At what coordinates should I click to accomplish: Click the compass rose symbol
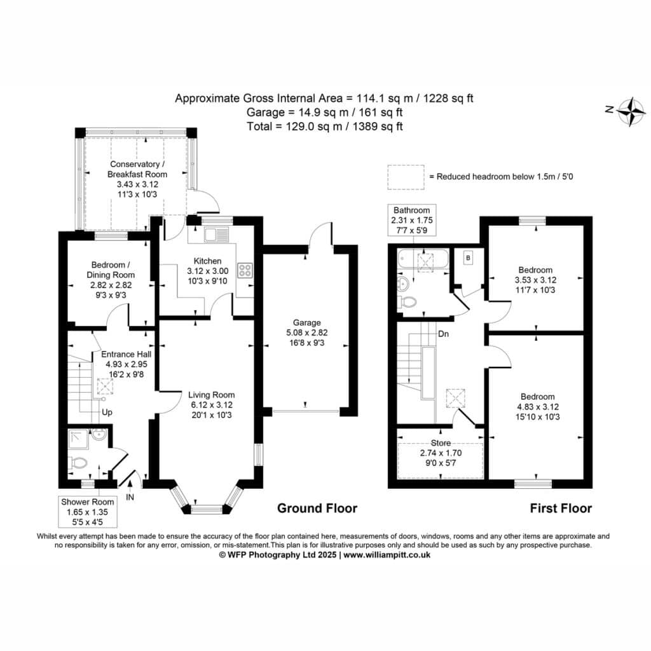[x=631, y=111]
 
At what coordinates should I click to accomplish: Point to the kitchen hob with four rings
[x=245, y=270]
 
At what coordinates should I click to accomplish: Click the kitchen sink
[x=216, y=235]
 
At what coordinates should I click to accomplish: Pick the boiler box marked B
[x=468, y=258]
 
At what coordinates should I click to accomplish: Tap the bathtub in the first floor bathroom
[x=423, y=259]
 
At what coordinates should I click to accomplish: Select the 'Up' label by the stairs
[x=107, y=412]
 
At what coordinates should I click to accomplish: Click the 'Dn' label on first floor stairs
[x=443, y=334]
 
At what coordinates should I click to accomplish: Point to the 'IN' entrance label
[x=130, y=497]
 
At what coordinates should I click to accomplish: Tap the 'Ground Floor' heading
[x=317, y=508]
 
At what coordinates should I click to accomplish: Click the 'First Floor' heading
[x=561, y=508]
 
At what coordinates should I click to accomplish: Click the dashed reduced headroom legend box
[x=406, y=177]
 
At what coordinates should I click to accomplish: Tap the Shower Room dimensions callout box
[x=88, y=512]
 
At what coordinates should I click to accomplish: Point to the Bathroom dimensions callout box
[x=412, y=220]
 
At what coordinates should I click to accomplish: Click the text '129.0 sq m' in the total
[x=314, y=127]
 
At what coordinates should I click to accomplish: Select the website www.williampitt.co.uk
[x=387, y=554]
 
